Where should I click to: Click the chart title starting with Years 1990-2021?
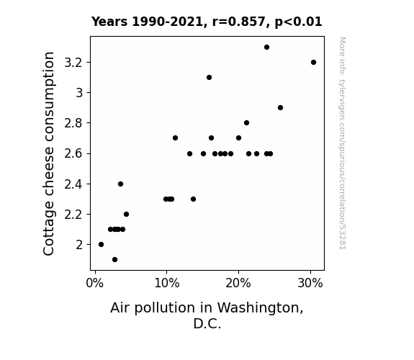click(x=207, y=22)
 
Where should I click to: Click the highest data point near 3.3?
click(x=266, y=48)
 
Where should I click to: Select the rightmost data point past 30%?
click(x=313, y=63)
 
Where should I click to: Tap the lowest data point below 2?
click(x=114, y=260)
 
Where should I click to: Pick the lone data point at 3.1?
click(x=209, y=77)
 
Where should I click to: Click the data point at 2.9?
click(x=280, y=108)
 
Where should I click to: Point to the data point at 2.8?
click(x=247, y=123)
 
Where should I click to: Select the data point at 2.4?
click(x=120, y=184)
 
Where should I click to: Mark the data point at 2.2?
click(x=126, y=215)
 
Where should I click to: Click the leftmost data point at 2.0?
click(x=101, y=245)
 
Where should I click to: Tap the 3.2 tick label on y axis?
click(x=73, y=63)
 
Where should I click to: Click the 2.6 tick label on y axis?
click(x=73, y=153)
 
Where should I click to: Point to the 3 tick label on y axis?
click(x=79, y=93)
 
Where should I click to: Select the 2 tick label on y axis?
click(x=79, y=245)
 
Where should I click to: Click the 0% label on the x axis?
click(x=95, y=283)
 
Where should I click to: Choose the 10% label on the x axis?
click(x=167, y=283)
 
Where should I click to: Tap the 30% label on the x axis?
click(x=310, y=283)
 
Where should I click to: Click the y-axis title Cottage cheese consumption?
click(x=48, y=153)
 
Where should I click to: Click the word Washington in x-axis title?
click(x=260, y=308)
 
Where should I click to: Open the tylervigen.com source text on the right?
click(x=343, y=143)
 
